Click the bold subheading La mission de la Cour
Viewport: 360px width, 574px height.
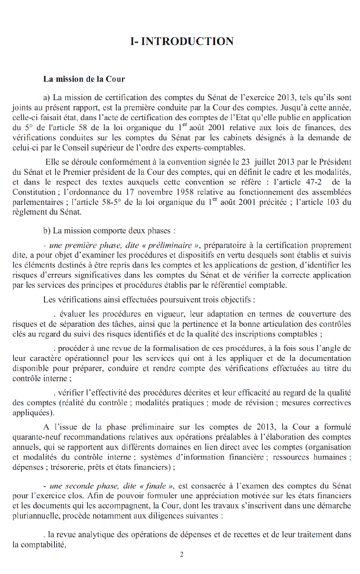click(84, 79)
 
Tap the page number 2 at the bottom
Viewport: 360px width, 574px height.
click(182, 554)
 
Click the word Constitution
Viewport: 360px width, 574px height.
click(34, 192)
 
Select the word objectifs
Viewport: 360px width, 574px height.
click(235, 300)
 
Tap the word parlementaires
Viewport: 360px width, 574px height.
click(38, 202)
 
